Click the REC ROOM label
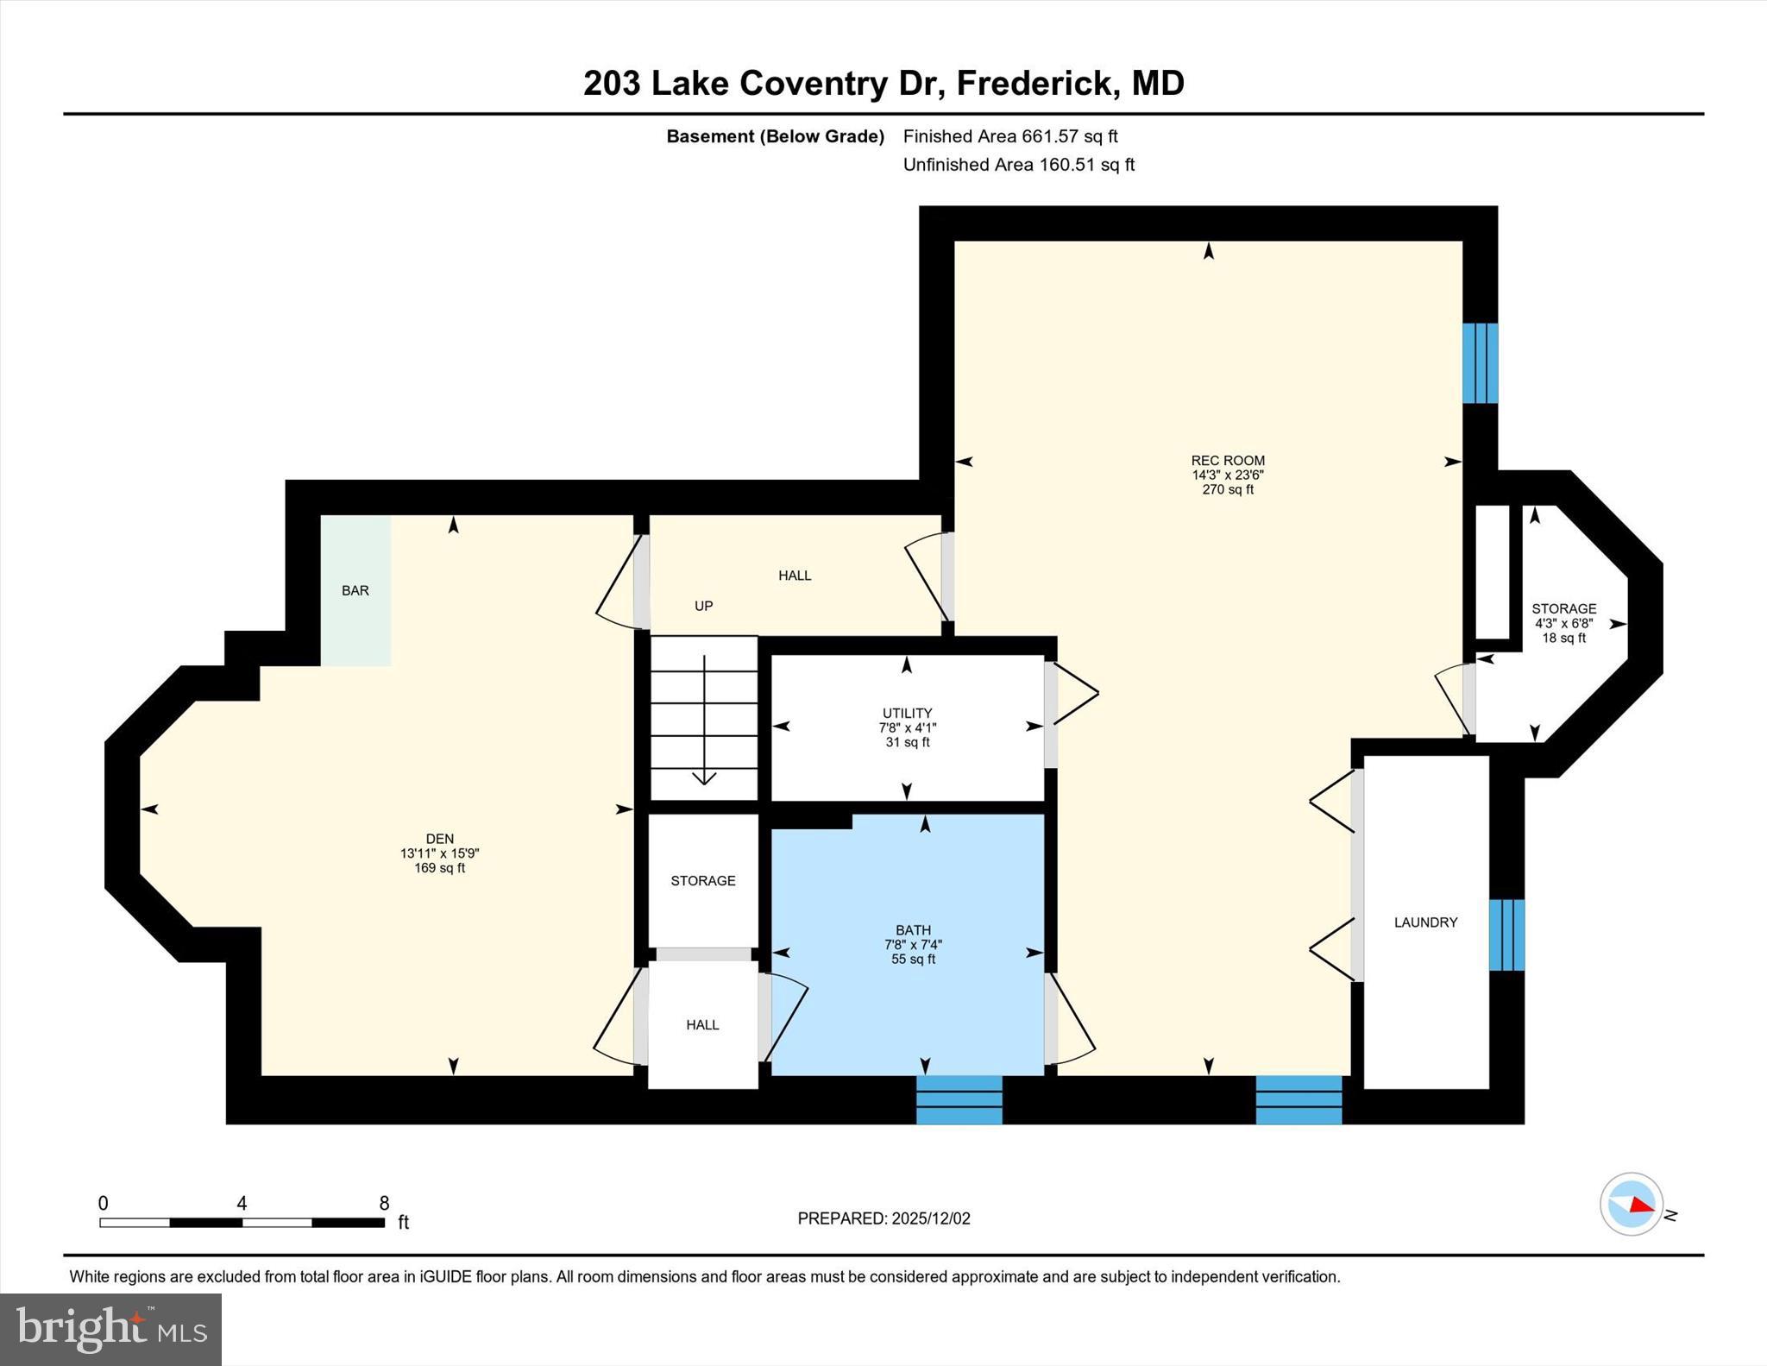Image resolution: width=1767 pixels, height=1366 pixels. click(x=1227, y=461)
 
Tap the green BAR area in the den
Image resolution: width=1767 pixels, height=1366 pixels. click(x=355, y=590)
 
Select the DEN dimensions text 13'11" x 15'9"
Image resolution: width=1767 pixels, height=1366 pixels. click(x=439, y=853)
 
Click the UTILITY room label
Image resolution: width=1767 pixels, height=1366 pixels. click(x=907, y=713)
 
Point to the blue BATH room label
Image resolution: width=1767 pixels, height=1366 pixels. click(x=913, y=930)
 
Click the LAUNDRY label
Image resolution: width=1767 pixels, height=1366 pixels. click(x=1425, y=922)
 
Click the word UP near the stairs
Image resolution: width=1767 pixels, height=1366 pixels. click(x=704, y=606)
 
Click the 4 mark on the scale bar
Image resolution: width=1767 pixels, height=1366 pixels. click(x=242, y=1204)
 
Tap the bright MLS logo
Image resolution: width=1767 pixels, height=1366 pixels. click(x=111, y=1329)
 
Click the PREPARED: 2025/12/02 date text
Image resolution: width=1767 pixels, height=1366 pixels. click(x=883, y=1218)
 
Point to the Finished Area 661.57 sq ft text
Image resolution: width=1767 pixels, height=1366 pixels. click(x=1010, y=136)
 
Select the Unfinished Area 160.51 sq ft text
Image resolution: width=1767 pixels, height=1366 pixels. click(x=1018, y=165)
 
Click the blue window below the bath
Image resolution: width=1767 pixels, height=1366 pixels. click(x=959, y=1099)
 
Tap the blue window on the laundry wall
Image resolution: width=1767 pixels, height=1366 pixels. click(x=1506, y=935)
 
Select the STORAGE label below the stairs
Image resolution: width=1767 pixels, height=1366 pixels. click(x=703, y=881)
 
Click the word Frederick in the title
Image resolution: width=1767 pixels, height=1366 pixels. click(x=1033, y=84)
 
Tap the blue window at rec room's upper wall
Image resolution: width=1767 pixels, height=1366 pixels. click(x=1480, y=363)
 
